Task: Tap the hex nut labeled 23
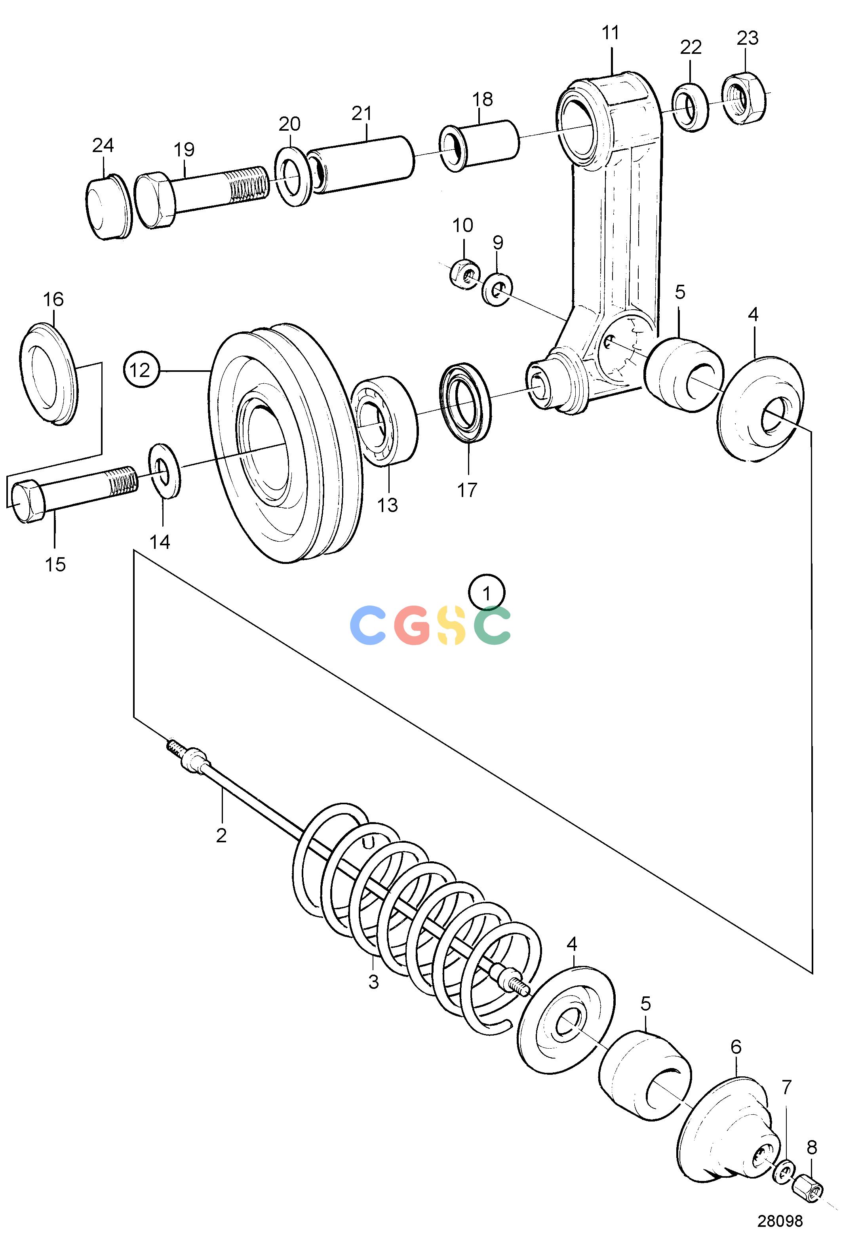point(744,99)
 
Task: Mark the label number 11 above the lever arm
point(611,33)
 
